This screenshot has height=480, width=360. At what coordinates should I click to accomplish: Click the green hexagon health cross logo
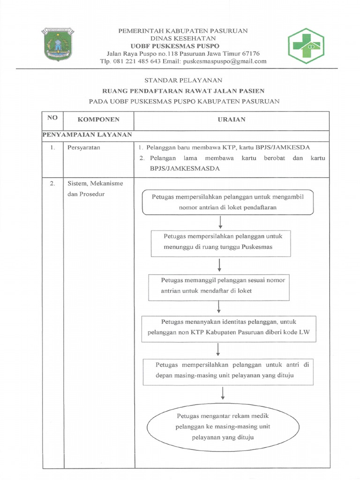(x=306, y=46)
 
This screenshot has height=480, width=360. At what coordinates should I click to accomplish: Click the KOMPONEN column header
(x=98, y=120)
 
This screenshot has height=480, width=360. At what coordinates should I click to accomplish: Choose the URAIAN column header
(x=232, y=120)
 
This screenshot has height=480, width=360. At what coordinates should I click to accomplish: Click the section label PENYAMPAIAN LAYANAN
(x=87, y=135)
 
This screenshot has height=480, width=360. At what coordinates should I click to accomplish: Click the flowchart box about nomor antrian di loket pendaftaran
(x=228, y=202)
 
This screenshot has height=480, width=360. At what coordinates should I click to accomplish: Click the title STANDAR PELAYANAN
(x=183, y=80)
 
